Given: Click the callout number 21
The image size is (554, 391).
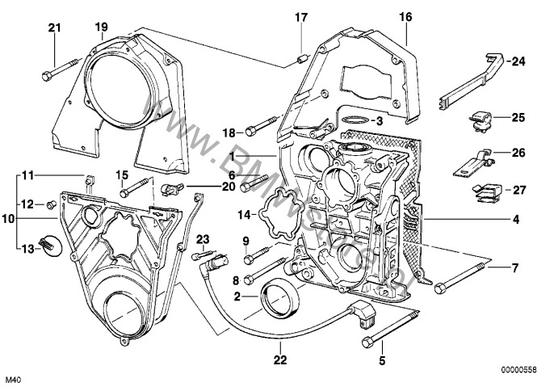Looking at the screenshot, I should tap(54, 28).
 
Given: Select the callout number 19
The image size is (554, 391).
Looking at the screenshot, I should tap(101, 27).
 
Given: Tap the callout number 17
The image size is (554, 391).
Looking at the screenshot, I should tap(300, 16).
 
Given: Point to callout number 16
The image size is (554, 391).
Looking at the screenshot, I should tap(405, 16).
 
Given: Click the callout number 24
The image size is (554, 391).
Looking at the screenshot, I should tap(518, 61).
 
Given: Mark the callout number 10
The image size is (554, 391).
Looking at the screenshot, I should tap(8, 219).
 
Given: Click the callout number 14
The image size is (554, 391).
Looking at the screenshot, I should tap(245, 214).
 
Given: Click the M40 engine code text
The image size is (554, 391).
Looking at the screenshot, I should tap(15, 380).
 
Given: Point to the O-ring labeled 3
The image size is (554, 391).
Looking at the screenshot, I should tap(353, 120).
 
